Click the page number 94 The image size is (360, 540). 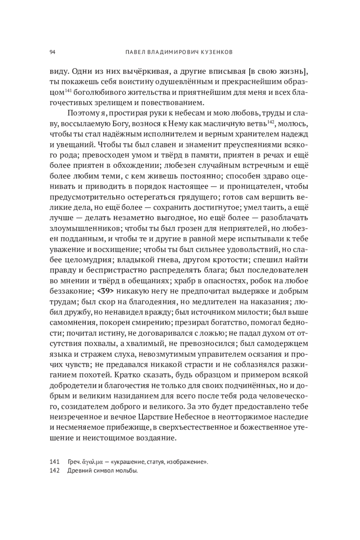(x=52, y=52)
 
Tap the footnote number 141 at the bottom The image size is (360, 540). (x=54, y=461)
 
